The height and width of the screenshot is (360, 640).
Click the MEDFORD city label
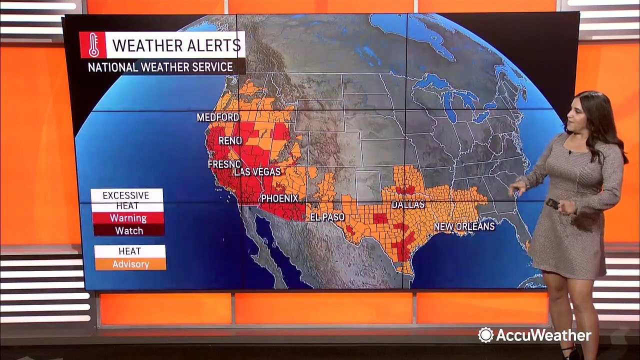pyautogui.click(x=217, y=117)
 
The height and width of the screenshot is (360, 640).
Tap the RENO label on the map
pyautogui.click(x=230, y=141)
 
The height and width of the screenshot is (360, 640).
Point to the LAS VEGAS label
pyautogui.click(x=257, y=172)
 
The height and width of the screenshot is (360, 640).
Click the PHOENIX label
pyautogui.click(x=279, y=198)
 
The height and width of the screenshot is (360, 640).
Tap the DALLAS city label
pyautogui.click(x=408, y=204)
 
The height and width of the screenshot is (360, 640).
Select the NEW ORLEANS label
pyautogui.click(x=464, y=226)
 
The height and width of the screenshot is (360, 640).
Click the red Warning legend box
pyautogui.click(x=128, y=218)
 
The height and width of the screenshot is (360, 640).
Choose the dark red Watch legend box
pyautogui.click(x=128, y=230)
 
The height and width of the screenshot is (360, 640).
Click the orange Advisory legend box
pyautogui.click(x=130, y=264)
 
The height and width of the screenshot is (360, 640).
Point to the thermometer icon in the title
pyautogui.click(x=93, y=45)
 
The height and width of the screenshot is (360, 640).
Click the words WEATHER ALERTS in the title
pyautogui.click(x=176, y=45)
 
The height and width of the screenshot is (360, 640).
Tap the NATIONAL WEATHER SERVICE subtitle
pyautogui.click(x=160, y=67)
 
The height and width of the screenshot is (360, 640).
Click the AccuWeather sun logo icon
pyautogui.click(x=485, y=335)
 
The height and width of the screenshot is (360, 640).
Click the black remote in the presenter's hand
pyautogui.click(x=552, y=203)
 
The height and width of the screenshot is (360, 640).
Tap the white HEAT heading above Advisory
pyautogui.click(x=129, y=251)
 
